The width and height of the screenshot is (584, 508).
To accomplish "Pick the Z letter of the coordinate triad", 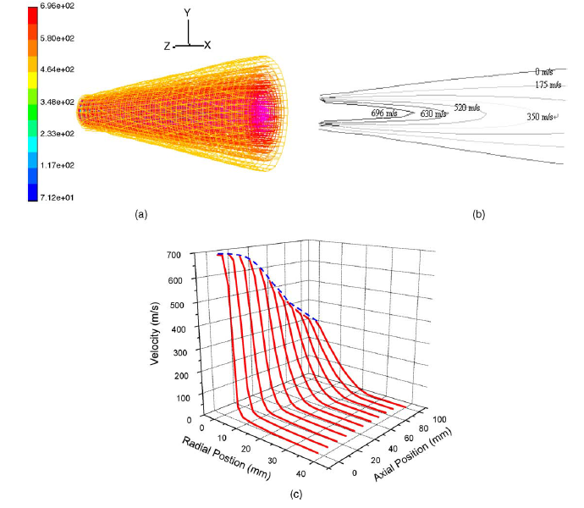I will point(169,46).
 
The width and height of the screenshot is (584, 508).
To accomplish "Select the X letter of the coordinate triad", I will point(207,45).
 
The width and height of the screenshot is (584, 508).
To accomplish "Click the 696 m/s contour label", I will point(385,112).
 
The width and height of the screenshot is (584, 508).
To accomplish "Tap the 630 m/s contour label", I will point(432,113).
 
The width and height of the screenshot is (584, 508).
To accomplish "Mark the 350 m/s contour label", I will point(542,116).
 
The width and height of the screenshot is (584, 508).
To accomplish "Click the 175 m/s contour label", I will point(548,85).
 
